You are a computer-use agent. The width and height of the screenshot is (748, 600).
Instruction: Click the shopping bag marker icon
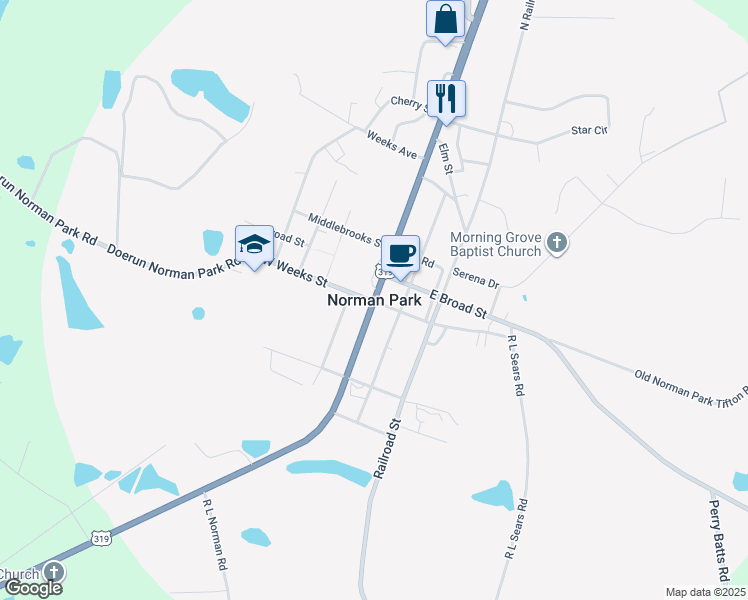pyautogui.click(x=445, y=19)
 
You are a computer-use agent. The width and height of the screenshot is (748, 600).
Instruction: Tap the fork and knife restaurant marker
pyautogui.click(x=446, y=98)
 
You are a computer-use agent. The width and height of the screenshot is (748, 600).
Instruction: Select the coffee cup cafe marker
pyautogui.click(x=400, y=254)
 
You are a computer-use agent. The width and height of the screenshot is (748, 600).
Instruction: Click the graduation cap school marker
pyautogui.click(x=254, y=244)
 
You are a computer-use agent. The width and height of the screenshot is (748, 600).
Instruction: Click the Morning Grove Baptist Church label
pyautogui.click(x=503, y=244)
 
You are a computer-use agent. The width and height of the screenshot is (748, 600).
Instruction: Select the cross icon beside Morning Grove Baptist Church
pyautogui.click(x=557, y=242)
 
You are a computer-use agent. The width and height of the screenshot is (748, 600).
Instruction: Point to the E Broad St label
pyautogui.click(x=458, y=302)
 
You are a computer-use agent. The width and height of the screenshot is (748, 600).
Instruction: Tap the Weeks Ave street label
pyautogui.click(x=391, y=145)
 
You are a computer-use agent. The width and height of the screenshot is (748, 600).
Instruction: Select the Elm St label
pyautogui.click(x=446, y=159)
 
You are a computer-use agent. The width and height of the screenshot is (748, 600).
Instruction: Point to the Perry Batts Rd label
pyautogui.click(x=717, y=540)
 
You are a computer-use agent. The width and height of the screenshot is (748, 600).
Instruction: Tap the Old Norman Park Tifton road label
pyautogui.click(x=690, y=388)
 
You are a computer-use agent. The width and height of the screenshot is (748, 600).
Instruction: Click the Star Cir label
pyautogui.click(x=588, y=130)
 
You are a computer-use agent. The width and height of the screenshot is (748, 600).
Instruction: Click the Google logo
pyautogui.click(x=33, y=588)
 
